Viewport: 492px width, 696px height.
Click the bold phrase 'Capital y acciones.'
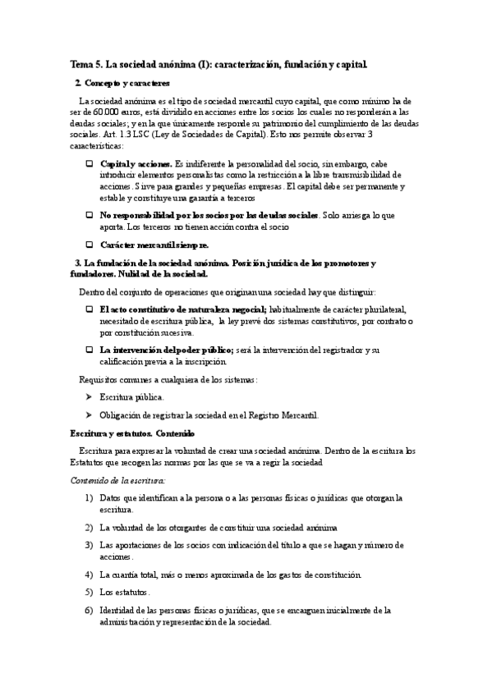(x=136, y=165)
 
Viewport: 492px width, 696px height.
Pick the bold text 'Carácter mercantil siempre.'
(x=154, y=245)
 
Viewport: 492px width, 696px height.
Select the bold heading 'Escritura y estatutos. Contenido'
(x=132, y=433)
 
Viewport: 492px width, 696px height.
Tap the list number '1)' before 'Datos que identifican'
(x=89, y=498)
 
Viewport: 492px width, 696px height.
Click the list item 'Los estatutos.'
(x=125, y=592)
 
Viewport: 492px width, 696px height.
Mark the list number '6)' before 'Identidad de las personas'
(x=89, y=610)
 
